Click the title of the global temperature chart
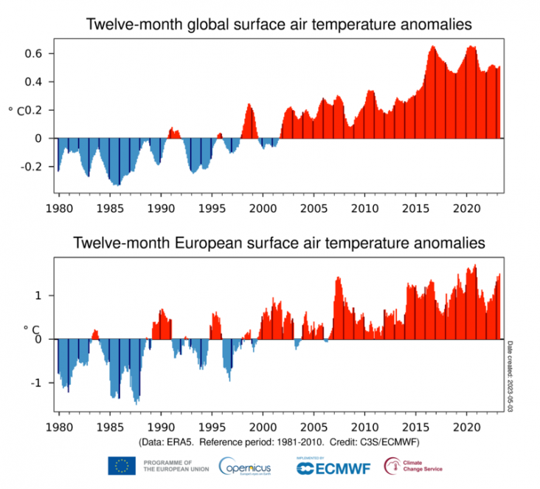click(x=279, y=24)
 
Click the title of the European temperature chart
click(x=279, y=242)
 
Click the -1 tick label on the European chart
click(x=43, y=383)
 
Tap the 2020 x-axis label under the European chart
click(x=467, y=427)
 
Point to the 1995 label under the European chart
click(x=212, y=427)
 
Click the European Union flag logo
click(x=121, y=466)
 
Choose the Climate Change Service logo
click(x=413, y=466)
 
